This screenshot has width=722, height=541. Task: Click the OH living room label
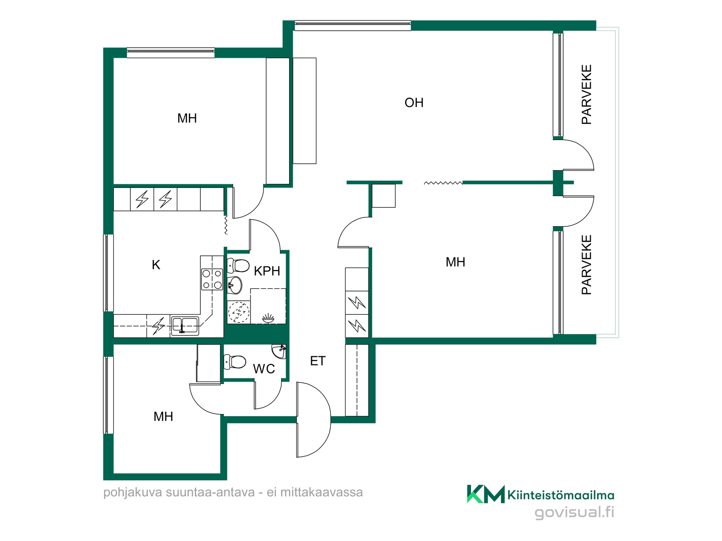click(414, 103)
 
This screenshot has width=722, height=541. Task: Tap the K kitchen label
click(156, 265)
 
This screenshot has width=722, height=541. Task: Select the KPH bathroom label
click(267, 271)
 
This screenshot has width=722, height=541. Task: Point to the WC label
click(264, 369)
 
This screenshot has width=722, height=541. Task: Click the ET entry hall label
click(317, 361)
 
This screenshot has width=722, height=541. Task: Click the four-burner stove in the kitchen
click(212, 280)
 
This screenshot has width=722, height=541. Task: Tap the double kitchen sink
click(185, 325)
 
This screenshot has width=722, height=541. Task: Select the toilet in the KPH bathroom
click(238, 266)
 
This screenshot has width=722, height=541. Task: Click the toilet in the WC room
click(235, 362)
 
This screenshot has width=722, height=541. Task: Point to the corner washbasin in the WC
click(279, 351)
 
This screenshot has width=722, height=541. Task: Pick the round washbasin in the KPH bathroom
click(235, 285)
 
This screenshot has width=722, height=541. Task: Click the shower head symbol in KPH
click(268, 319)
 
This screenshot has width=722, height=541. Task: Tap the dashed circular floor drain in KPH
click(239, 312)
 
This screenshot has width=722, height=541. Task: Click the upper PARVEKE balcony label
click(587, 94)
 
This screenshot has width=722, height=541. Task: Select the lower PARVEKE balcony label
click(587, 265)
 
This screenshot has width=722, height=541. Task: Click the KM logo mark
click(485, 494)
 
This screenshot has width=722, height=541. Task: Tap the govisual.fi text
click(574, 512)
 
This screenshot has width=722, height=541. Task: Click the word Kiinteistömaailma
click(561, 495)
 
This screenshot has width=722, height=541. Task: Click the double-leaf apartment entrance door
click(314, 420)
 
